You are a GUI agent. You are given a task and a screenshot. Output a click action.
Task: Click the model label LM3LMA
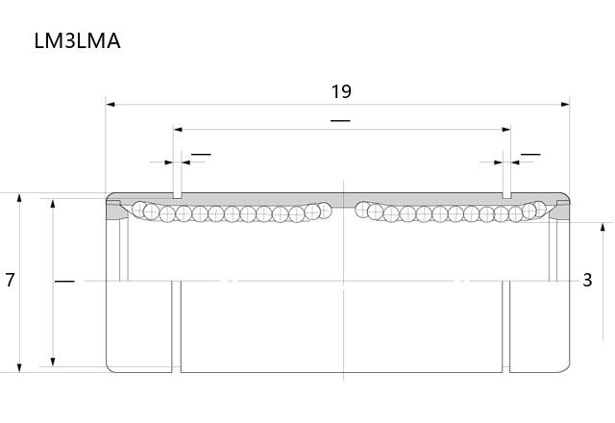(x=77, y=40)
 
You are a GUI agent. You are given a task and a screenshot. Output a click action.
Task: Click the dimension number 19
(x=341, y=91)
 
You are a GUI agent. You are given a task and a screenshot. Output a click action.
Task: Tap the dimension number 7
(x=10, y=280)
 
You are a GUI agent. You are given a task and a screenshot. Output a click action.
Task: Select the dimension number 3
(x=587, y=280)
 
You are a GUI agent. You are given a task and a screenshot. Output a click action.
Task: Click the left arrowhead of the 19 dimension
(x=111, y=105)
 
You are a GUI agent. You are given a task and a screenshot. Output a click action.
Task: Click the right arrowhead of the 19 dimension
(x=565, y=105)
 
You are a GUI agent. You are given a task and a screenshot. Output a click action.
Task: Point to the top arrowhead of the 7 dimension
(x=19, y=197)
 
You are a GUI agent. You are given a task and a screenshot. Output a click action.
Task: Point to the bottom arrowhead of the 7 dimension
(x=19, y=367)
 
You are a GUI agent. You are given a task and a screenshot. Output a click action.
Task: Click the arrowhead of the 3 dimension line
(x=603, y=227)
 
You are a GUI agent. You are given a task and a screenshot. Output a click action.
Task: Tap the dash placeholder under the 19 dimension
(x=340, y=120)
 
